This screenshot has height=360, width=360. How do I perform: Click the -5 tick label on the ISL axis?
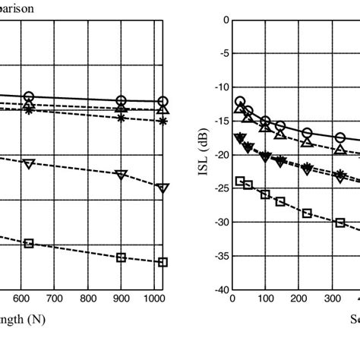click(221, 53)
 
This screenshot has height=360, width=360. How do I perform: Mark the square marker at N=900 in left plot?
click(121, 257)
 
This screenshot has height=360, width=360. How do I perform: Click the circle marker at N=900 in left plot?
click(121, 101)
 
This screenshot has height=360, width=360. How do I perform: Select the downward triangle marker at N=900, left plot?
click(121, 175)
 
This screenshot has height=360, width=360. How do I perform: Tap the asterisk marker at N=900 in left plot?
click(121, 118)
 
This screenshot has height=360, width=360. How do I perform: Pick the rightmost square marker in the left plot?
click(163, 262)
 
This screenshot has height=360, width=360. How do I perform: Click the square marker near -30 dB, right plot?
click(339, 223)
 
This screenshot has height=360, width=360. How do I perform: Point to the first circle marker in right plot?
click(240, 102)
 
